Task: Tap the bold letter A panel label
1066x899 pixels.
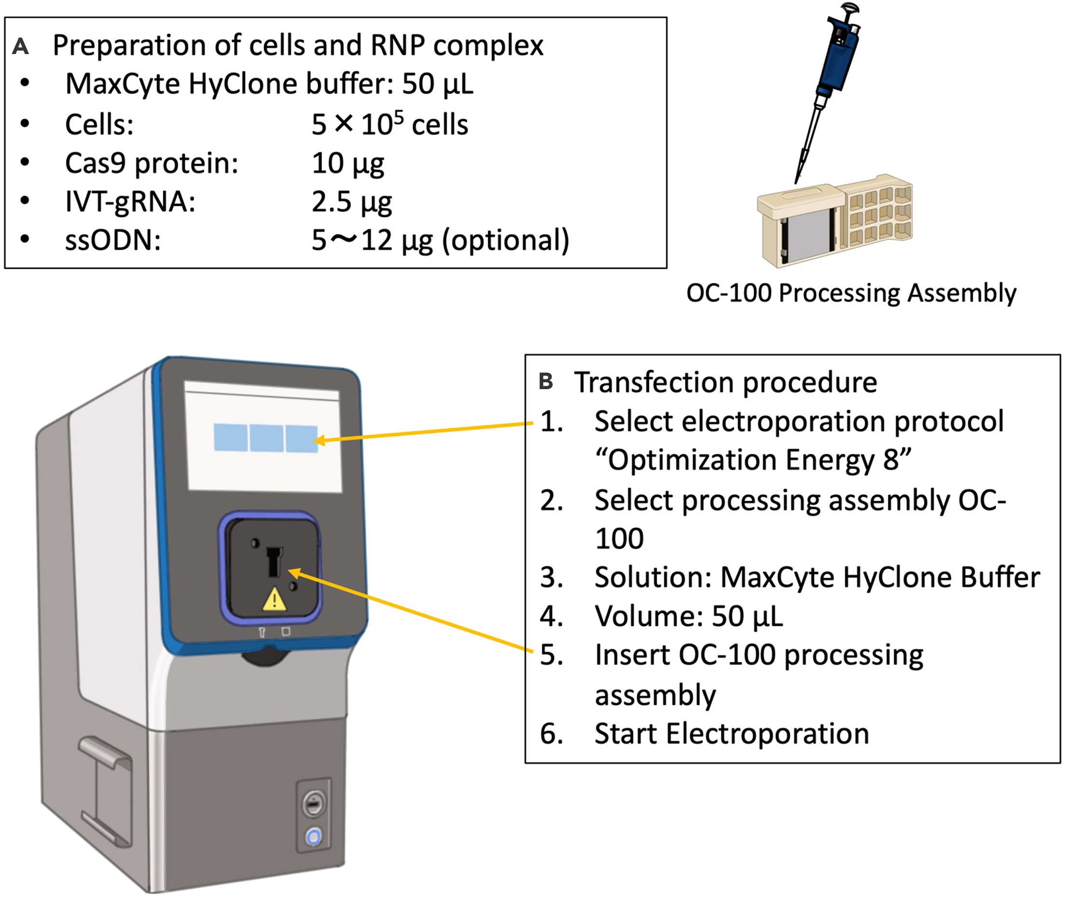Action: point(20,46)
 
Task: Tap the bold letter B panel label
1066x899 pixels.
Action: point(546,381)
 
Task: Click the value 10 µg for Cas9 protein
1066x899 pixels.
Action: point(348,164)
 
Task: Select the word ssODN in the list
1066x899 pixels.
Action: point(112,239)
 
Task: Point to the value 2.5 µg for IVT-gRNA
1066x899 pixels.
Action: point(351,202)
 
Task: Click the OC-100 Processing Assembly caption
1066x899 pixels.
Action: point(851,293)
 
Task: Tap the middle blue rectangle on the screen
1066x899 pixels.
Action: point(266,438)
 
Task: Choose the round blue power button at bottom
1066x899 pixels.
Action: point(313,837)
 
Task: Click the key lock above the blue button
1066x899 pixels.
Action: point(313,804)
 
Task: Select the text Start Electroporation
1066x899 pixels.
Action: point(732,734)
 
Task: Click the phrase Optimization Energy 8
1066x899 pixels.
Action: point(753,460)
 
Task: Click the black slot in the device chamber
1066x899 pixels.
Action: point(275,561)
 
